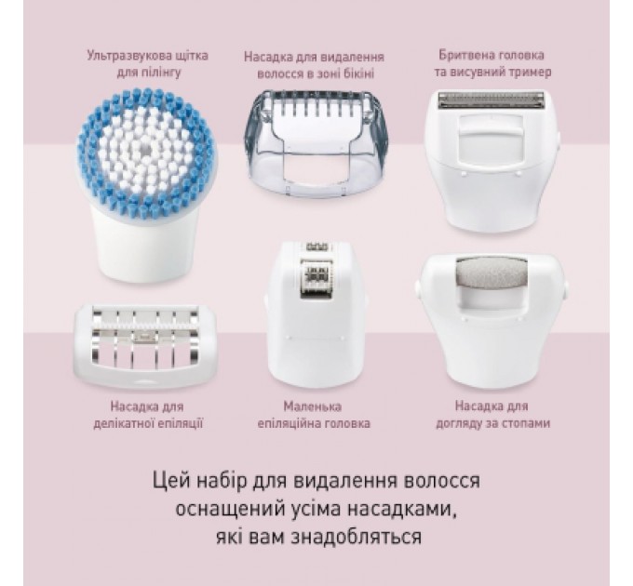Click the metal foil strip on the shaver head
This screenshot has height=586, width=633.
pos(480,98)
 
